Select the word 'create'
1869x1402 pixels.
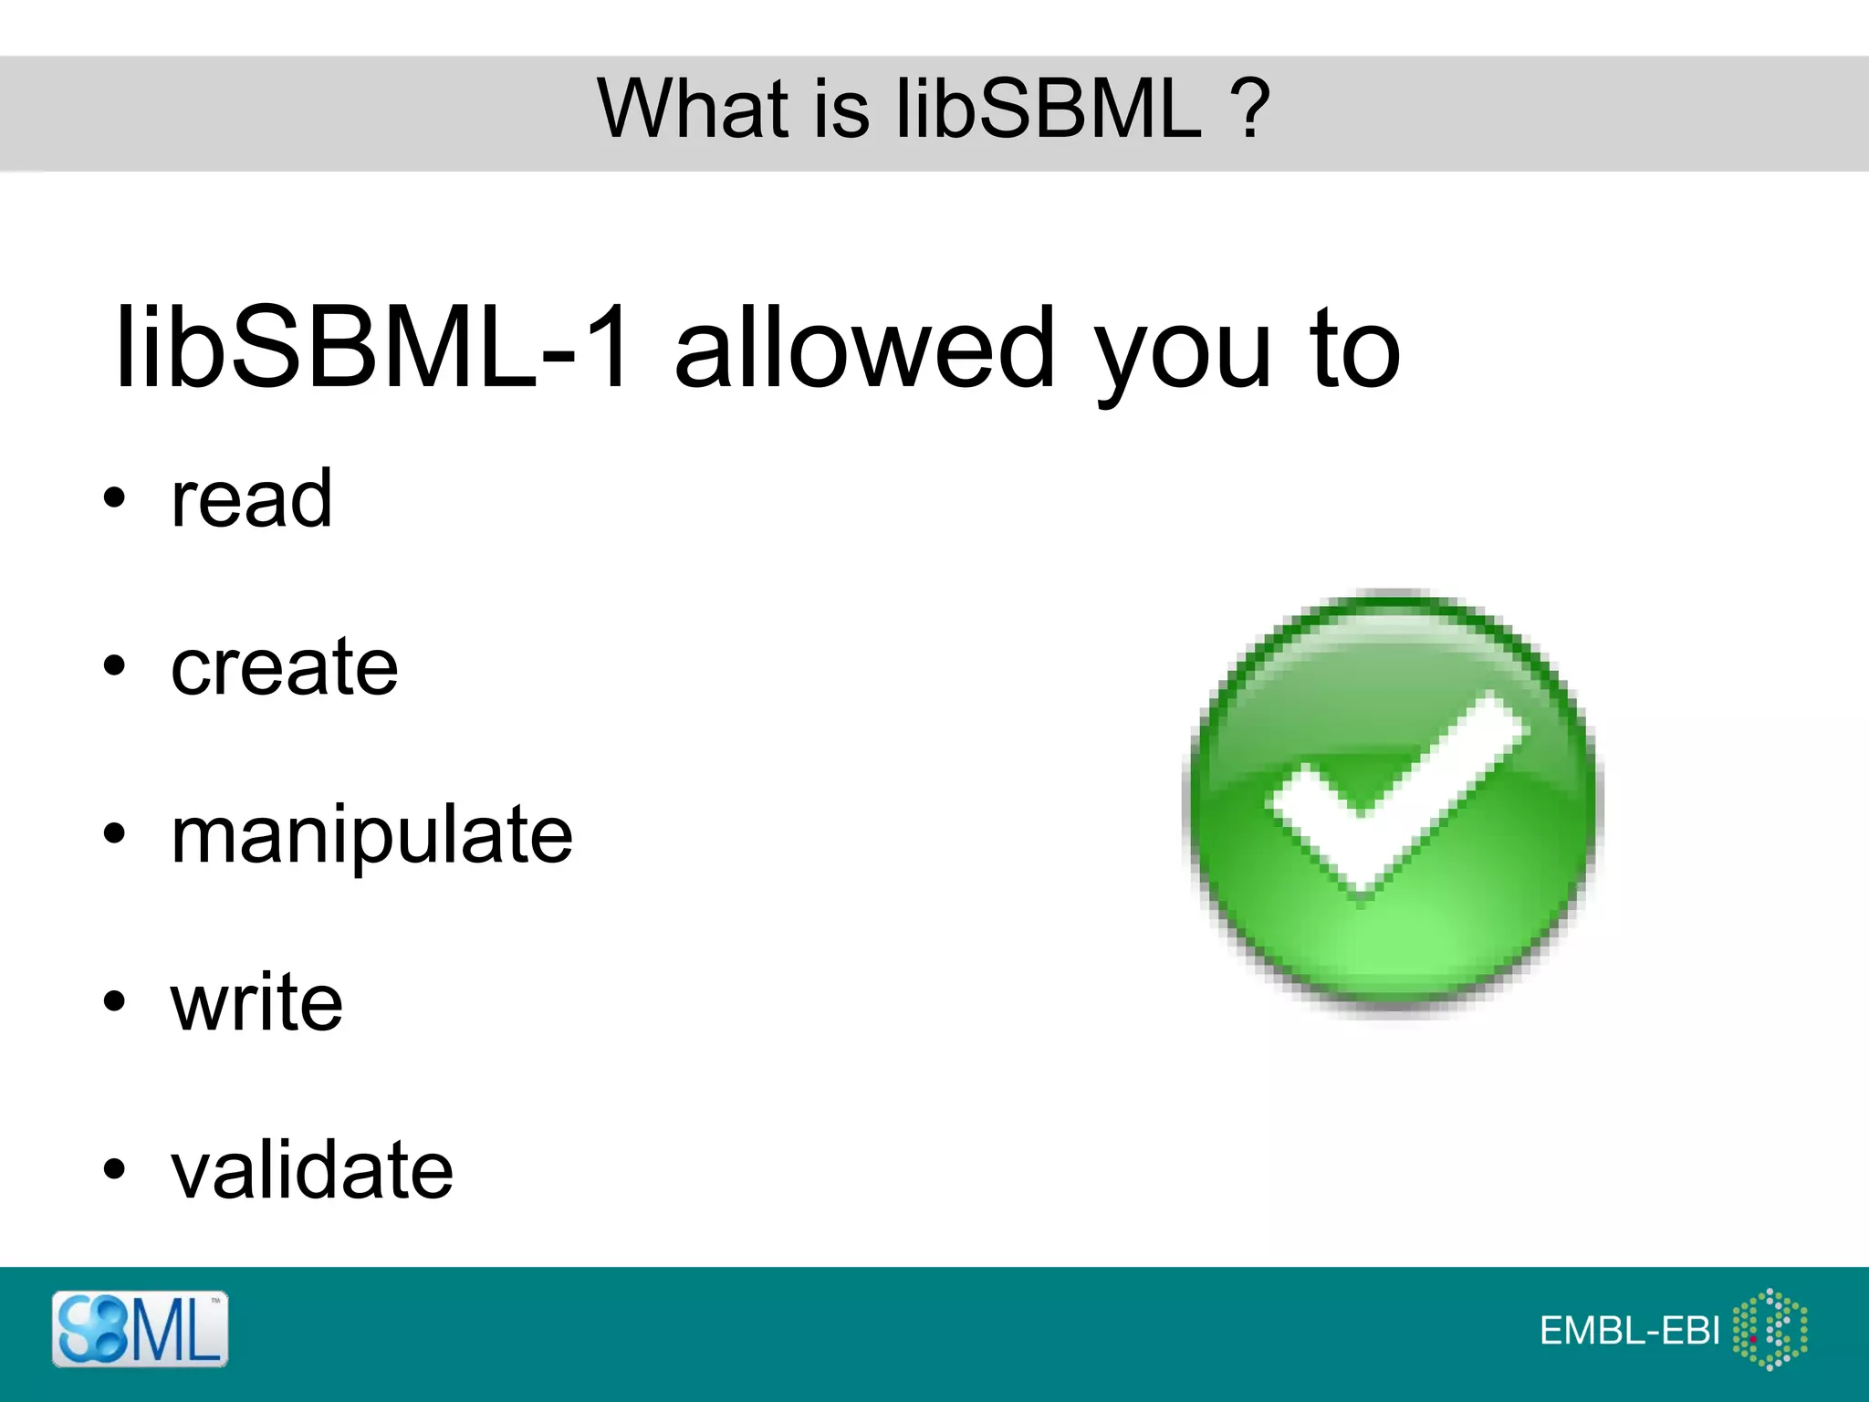284,666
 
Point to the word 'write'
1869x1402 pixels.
256,1002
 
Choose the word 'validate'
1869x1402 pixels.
311,1170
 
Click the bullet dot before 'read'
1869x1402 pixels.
113,499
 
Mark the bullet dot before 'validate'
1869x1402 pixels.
113,1169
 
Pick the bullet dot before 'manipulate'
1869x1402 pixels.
113,833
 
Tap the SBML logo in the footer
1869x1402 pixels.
140,1329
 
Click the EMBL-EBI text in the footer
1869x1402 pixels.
1629,1331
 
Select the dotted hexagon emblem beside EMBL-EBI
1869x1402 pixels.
1770,1329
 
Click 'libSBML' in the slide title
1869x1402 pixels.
1049,109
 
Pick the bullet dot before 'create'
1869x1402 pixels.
113,666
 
